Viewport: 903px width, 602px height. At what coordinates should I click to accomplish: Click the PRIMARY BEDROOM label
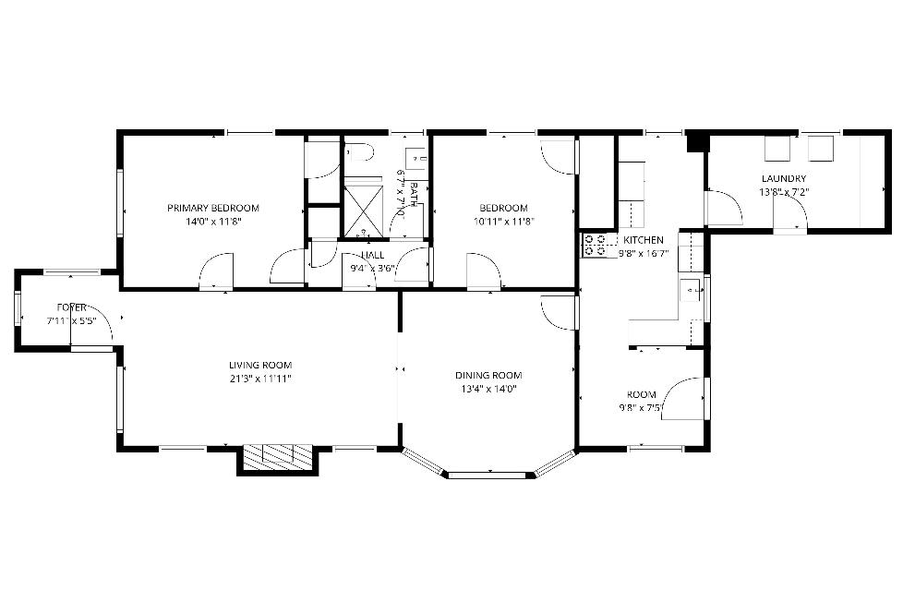[213, 208]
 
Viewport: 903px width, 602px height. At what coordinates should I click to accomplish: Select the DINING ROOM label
[488, 375]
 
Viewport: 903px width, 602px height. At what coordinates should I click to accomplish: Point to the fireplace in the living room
[277, 456]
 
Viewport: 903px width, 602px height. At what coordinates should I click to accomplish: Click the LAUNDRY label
[783, 179]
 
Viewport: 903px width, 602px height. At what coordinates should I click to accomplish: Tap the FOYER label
[71, 307]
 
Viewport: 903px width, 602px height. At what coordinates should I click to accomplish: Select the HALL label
[372, 255]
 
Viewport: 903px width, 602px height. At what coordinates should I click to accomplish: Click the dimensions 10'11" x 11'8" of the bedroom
[503, 222]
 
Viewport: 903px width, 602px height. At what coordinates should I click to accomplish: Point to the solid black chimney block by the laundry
[698, 140]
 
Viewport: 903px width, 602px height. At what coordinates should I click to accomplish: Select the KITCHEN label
[644, 240]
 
